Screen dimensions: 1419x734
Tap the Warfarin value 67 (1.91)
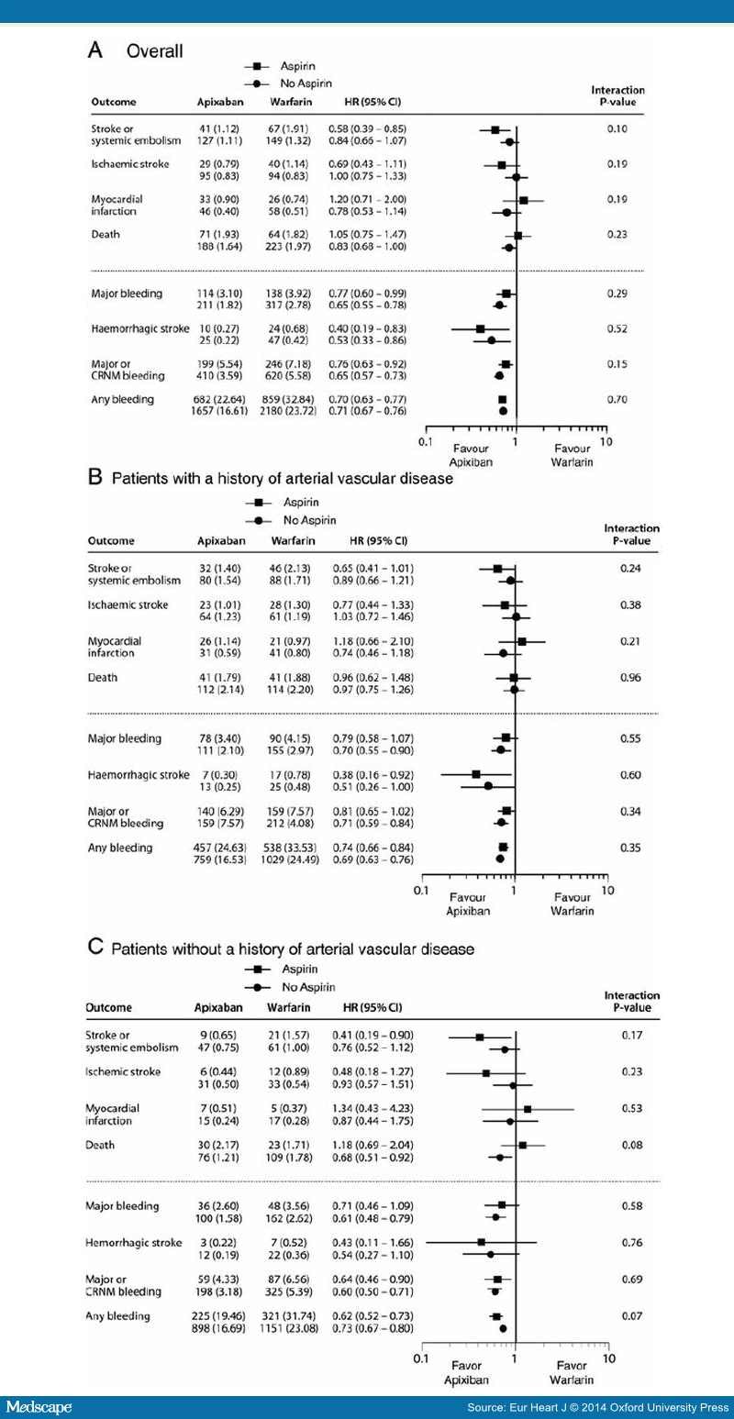[286, 129]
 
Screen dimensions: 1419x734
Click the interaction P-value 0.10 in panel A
[629, 129]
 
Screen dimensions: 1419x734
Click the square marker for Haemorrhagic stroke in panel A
[480, 327]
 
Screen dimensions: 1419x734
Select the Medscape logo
[39, 1406]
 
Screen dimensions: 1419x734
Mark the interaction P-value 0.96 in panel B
[628, 678]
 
